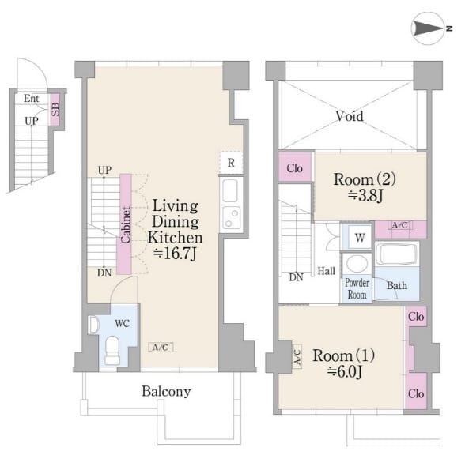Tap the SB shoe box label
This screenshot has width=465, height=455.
coord(55,109)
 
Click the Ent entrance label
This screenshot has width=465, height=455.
coord(32,98)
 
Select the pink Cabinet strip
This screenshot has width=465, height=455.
coord(126,224)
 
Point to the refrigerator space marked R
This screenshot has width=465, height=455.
coord(231,163)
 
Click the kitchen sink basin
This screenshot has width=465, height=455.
coord(230,190)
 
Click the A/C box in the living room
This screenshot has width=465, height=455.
coord(161,348)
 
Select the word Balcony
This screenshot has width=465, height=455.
coord(166,392)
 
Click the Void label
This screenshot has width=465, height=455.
coord(350,116)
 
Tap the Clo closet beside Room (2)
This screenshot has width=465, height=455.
coord(295,167)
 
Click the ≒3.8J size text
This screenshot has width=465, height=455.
coord(365,196)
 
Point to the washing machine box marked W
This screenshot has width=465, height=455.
coord(360,237)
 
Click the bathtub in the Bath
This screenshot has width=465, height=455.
coord(397,254)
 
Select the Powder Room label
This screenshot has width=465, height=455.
coord(357,289)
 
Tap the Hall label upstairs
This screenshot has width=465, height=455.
coord(326,271)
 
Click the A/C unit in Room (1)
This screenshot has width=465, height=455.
coord(297,357)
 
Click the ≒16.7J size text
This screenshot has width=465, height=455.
coord(175,254)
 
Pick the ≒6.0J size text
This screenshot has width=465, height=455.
coord(345,371)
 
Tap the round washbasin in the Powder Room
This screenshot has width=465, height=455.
coord(357,263)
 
